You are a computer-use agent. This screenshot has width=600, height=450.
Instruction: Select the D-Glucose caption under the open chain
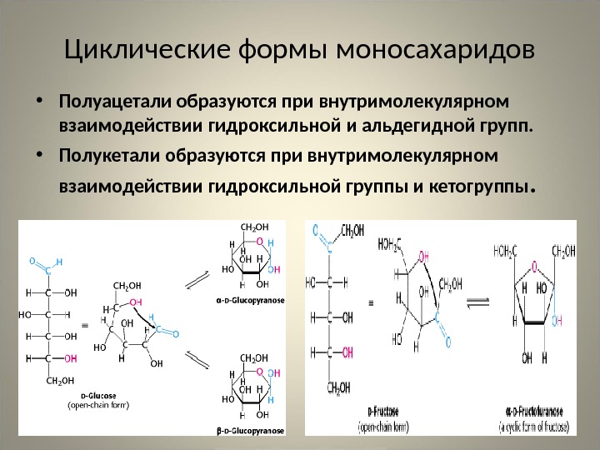point(97,396)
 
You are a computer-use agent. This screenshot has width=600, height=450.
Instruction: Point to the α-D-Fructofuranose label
point(535,411)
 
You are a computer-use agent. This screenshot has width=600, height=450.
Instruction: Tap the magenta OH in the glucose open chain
point(71,358)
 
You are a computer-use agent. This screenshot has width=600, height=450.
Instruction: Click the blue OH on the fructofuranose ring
point(557,320)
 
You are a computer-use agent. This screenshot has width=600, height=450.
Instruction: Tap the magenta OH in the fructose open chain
point(424,257)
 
